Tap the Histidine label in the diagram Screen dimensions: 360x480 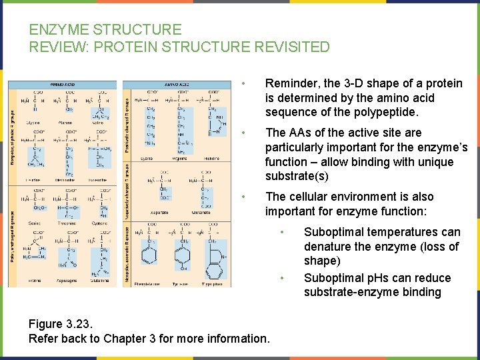212,159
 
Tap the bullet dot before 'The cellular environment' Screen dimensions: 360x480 246,197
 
